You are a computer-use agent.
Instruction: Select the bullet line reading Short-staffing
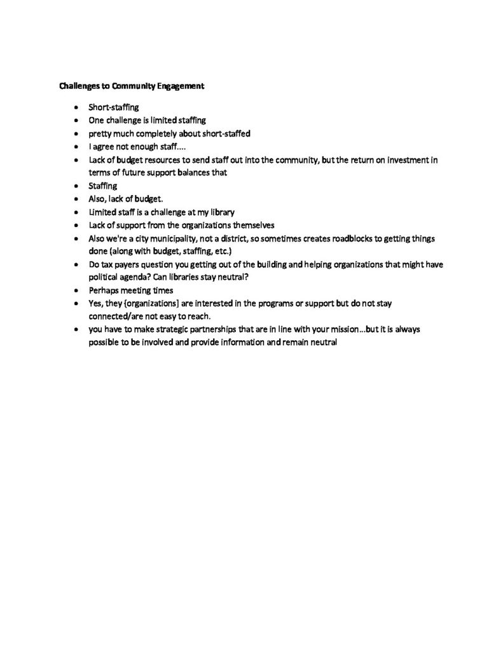(113, 107)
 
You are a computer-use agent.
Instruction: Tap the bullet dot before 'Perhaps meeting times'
(76, 290)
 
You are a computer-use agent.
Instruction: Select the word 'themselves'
(254, 225)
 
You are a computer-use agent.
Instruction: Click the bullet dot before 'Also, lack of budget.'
(76, 199)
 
